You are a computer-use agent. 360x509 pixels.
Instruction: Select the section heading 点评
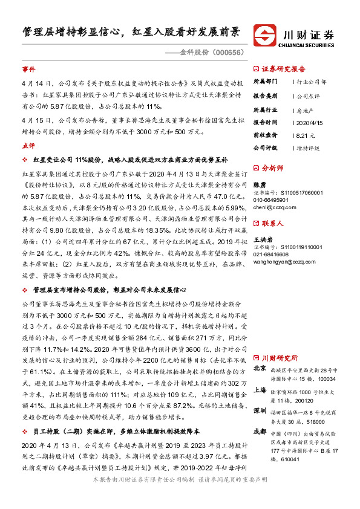pos(28,146)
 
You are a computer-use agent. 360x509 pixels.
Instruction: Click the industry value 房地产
pos(304,109)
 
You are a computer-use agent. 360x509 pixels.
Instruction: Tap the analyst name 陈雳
pos(258,184)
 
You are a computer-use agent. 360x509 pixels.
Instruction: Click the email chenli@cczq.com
pos(270,206)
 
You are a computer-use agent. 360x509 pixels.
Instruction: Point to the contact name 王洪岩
pos(262,239)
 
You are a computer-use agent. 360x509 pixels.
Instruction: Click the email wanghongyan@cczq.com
pos(280,261)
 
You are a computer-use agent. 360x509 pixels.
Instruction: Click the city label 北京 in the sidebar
pos(259,368)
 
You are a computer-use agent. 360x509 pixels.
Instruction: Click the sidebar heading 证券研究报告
pos(283,68)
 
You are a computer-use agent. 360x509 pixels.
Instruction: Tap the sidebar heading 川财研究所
pos(280,357)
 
